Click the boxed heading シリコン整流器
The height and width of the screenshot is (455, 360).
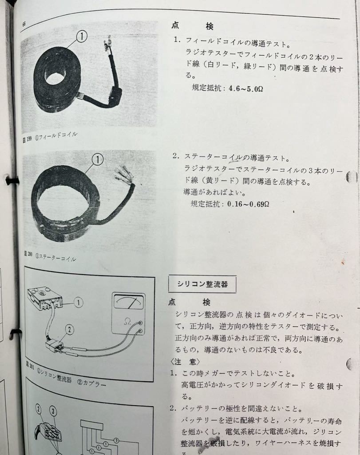[x=202, y=284]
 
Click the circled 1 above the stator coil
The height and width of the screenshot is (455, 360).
[x=97, y=159]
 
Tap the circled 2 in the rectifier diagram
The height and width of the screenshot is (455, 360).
[x=69, y=329]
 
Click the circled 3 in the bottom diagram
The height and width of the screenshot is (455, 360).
[x=53, y=411]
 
